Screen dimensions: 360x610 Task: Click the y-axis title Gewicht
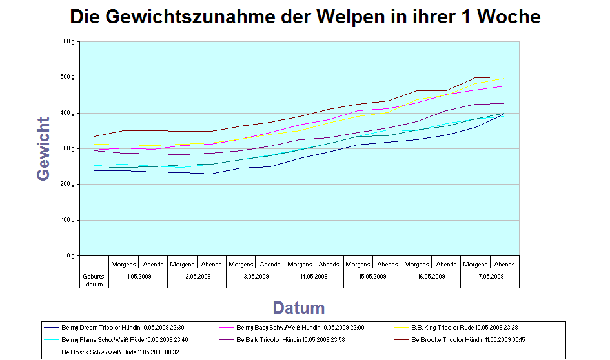point(44,148)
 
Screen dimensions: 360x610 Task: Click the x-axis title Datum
point(298,308)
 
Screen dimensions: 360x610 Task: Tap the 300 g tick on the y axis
point(68,149)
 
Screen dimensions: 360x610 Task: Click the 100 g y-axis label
point(68,221)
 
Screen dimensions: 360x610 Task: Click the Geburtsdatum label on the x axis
point(94,280)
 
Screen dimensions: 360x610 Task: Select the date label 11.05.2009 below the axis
point(138,277)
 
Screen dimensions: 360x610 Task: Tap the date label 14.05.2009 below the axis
point(314,277)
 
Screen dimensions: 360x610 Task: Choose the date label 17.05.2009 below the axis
point(490,277)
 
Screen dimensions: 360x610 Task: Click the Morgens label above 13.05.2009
point(241,264)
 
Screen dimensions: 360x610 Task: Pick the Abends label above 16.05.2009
point(446,264)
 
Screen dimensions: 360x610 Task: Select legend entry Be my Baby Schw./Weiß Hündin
point(300,328)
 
